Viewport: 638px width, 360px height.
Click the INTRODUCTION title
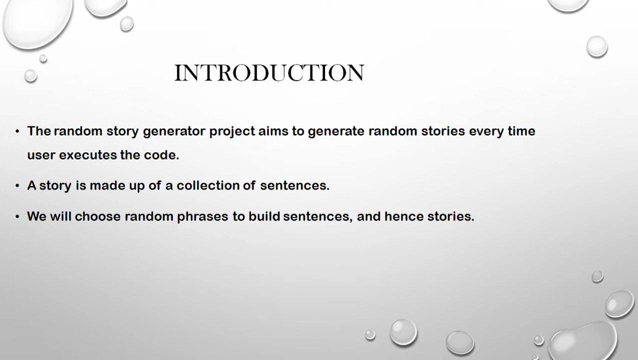(x=269, y=72)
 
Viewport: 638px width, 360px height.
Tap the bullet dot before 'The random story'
(x=17, y=131)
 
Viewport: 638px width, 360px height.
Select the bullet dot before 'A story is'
(x=17, y=185)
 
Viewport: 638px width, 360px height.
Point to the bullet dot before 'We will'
(x=17, y=216)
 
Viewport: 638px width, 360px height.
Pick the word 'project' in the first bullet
(x=232, y=131)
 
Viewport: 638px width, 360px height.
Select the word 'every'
(x=486, y=131)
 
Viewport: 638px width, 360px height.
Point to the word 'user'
(x=41, y=155)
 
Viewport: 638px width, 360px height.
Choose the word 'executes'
(x=87, y=155)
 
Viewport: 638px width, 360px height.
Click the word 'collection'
(x=207, y=185)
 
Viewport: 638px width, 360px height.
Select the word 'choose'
(x=97, y=216)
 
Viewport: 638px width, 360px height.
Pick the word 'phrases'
(x=202, y=216)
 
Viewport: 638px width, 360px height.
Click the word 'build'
(x=264, y=216)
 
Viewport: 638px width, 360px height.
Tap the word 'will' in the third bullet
(x=60, y=216)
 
